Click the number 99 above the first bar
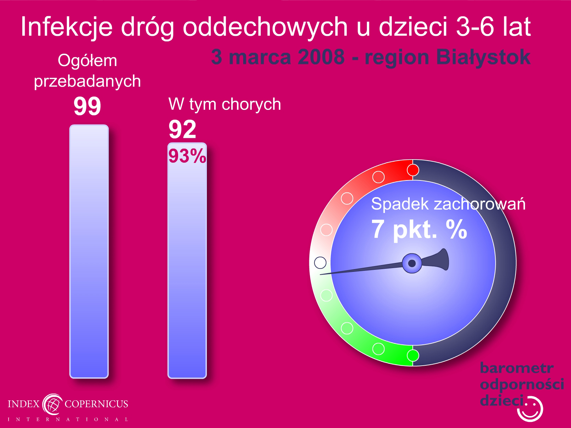coord(87,106)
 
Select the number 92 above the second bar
coord(182,129)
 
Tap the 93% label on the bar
coord(187,156)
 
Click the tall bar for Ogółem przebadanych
coord(89,251)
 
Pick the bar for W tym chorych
coord(187,260)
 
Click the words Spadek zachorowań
coord(448,204)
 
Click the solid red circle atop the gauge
coord(413,170)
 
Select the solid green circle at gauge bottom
coord(413,355)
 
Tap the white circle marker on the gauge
coord(320,263)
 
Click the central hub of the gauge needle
coord(412,263)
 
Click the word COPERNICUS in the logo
coord(96,404)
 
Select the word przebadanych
coord(87,81)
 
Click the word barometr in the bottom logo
coord(517,368)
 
